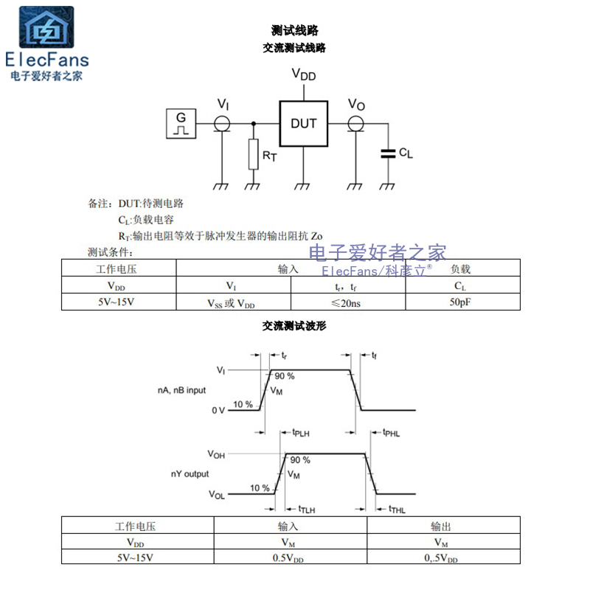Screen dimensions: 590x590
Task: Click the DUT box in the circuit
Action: point(303,123)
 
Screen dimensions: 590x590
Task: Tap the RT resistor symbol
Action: point(254,153)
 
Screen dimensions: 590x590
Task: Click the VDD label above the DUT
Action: point(303,74)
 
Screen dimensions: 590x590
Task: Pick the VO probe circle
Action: point(356,123)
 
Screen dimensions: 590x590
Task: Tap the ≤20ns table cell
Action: point(348,302)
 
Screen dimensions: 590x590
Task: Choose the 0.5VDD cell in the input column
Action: point(290,558)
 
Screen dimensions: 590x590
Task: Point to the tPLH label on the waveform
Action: point(300,434)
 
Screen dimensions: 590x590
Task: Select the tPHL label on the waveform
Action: point(391,434)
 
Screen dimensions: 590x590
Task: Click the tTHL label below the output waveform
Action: point(396,509)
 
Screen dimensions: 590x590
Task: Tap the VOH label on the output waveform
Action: point(216,454)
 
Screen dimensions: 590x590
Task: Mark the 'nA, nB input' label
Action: point(181,390)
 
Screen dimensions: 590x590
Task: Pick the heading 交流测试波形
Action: point(294,325)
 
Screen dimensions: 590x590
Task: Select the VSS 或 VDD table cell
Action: point(233,302)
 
